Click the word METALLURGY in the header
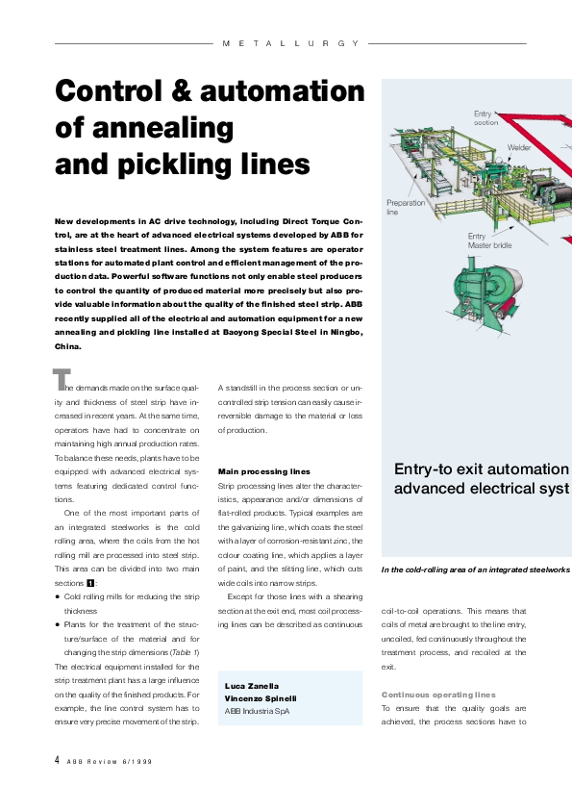[x=290, y=43]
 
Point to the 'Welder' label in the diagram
[x=519, y=148]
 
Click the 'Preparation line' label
[x=404, y=207]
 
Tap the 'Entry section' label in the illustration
[x=485, y=118]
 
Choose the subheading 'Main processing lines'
[x=264, y=471]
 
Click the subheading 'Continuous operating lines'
[x=438, y=694]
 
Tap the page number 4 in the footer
[x=57, y=760]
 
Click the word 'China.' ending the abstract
[x=68, y=346]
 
